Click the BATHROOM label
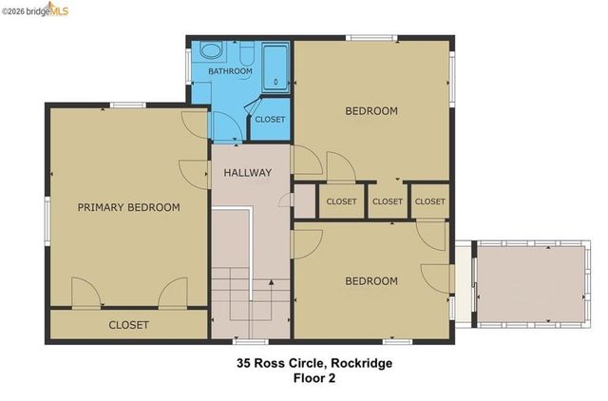230,71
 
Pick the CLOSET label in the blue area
270,120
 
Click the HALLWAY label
248,173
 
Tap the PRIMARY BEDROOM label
128,207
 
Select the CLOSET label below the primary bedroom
128,325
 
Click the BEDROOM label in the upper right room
370,111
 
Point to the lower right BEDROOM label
370,281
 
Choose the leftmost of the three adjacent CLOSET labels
341,201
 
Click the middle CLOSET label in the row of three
387,201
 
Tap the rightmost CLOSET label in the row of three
430,201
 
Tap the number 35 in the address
244,362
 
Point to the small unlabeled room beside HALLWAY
305,200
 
